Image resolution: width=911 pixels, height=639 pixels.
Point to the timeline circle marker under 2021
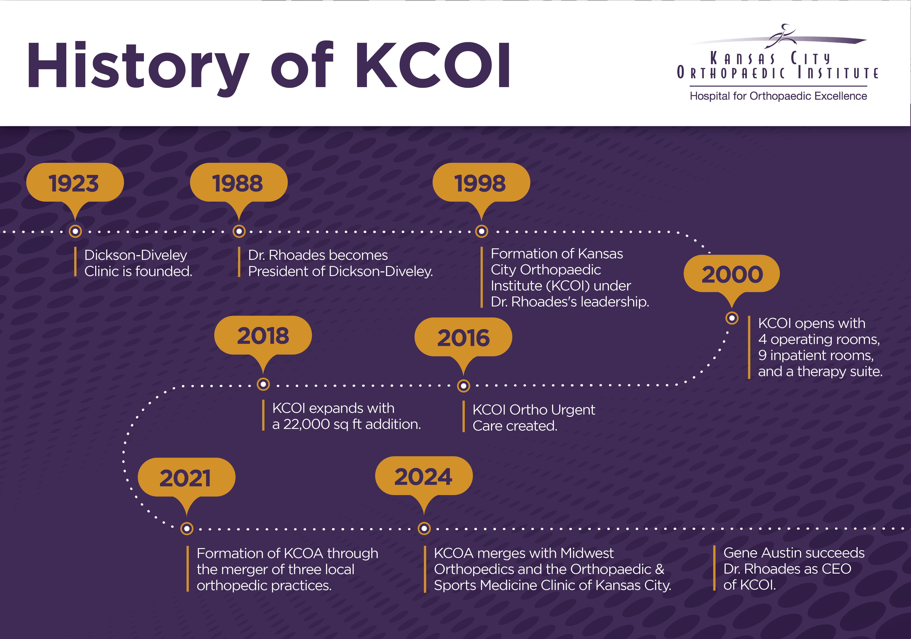(x=187, y=529)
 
